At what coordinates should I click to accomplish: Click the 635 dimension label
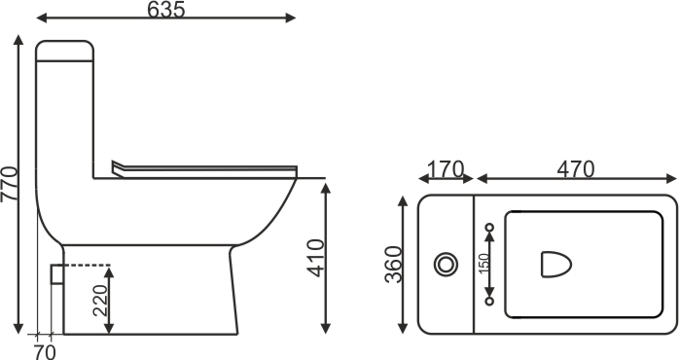point(165,10)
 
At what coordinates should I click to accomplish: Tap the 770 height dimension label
point(9,184)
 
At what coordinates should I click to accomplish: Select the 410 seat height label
point(315,258)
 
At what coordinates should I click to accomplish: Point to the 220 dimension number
point(100,301)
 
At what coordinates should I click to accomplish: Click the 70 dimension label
point(44,352)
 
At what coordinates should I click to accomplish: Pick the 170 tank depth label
point(446,169)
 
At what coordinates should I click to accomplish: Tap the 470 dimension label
point(576,169)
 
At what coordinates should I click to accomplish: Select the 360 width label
point(393,265)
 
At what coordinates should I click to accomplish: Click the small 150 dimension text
point(484,263)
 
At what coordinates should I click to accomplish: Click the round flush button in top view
point(446,265)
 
